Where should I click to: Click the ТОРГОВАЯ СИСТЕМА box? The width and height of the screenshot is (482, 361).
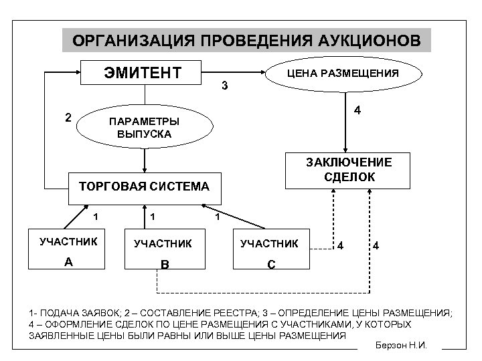145,186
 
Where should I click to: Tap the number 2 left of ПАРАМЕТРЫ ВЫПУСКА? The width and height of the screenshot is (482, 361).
68,118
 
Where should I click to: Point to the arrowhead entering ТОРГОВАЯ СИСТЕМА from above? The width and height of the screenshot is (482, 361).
145,171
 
